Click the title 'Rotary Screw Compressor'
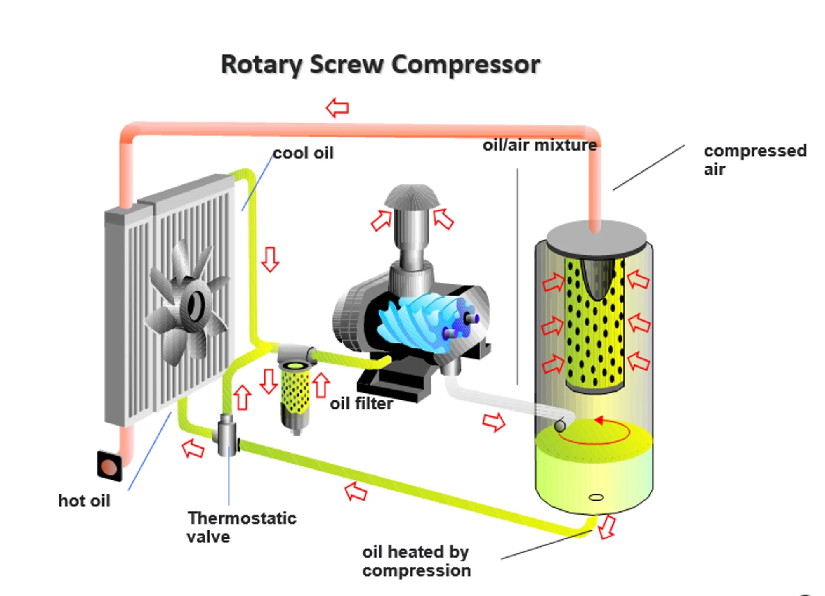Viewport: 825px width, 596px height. coord(380,65)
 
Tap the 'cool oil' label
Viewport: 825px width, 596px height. coord(303,153)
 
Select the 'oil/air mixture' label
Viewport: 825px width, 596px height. coord(540,145)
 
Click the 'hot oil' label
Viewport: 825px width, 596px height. coord(84,501)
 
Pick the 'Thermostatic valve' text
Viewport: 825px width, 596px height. coord(241,527)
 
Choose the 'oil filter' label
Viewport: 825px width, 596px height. coord(361,403)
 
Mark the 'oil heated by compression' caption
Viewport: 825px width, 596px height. coord(416,561)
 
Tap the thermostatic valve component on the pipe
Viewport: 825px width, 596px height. coord(226,435)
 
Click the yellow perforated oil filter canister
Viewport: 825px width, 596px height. coord(295,390)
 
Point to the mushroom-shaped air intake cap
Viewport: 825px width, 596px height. coord(412,197)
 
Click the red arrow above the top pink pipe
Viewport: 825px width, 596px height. coord(337,108)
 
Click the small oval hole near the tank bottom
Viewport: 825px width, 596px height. coord(596,497)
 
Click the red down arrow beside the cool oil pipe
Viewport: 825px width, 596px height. coord(270,259)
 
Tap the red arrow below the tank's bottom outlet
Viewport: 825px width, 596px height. coord(606,527)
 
